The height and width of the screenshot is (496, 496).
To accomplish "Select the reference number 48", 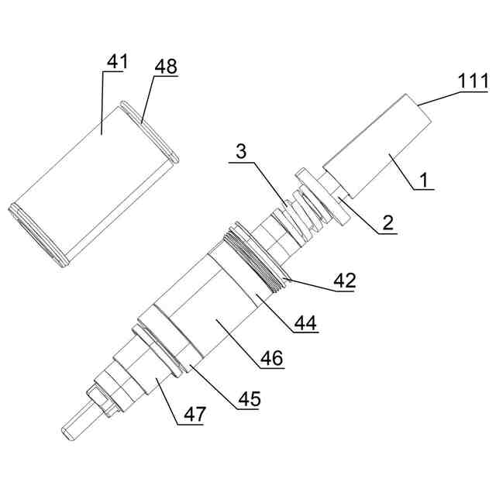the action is tap(165, 67).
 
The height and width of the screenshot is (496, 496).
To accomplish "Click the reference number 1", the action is tap(423, 180).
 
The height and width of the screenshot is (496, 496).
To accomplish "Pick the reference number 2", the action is tap(387, 224).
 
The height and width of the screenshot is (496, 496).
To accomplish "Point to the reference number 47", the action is tap(194, 415).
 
